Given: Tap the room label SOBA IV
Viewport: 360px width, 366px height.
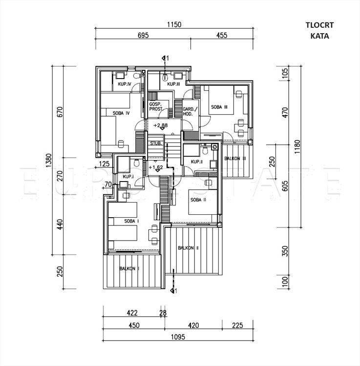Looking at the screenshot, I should (x=121, y=113).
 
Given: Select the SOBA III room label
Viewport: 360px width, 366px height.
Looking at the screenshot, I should (x=219, y=107).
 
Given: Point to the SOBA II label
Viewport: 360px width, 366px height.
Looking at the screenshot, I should (x=199, y=200).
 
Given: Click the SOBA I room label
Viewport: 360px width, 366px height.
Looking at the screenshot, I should (x=131, y=222).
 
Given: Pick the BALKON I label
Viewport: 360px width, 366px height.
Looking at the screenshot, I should (x=129, y=269).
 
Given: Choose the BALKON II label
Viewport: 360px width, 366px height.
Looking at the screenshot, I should (x=188, y=248).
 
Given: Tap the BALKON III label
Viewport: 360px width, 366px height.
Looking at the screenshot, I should (x=235, y=159).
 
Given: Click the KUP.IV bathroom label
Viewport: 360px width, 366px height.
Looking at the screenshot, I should (x=124, y=85).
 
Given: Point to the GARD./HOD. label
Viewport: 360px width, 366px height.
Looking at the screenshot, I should (x=189, y=111).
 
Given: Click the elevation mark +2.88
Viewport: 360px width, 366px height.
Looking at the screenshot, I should (x=160, y=126).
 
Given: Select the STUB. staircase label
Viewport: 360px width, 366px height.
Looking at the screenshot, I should (x=156, y=143).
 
